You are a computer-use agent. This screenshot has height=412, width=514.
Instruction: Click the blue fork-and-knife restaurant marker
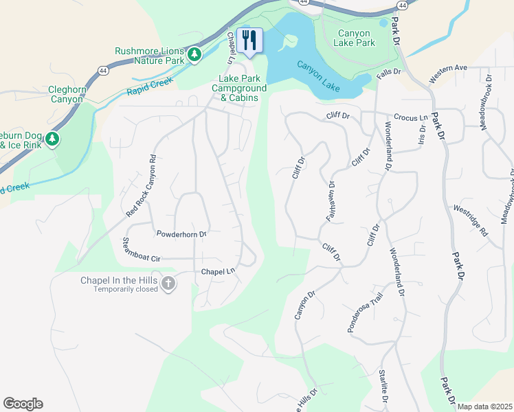pos(249,40)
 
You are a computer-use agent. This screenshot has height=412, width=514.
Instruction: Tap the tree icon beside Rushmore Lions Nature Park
pos(194,54)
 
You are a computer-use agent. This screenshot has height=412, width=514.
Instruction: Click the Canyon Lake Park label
pos(354,38)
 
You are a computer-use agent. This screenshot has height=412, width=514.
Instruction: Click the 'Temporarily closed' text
pos(126,289)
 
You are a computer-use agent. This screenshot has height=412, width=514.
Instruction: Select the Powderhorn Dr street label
pos(181,235)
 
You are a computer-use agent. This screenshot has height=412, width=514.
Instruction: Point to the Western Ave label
pos(447,74)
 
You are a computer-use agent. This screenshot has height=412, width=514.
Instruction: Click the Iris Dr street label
pos(422,134)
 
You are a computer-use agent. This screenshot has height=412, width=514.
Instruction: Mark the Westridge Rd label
pos(469,220)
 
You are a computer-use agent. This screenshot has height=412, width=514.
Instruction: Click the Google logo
pos(23,404)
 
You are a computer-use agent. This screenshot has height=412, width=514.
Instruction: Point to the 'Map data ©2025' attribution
pos(484,407)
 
